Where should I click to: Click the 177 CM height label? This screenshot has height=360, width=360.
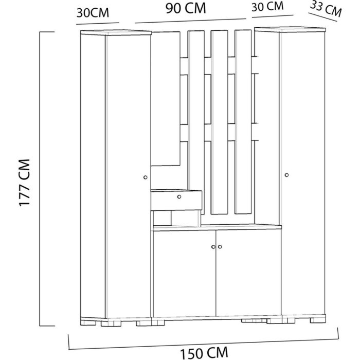click(x=24, y=183)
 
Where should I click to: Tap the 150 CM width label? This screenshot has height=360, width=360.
click(x=204, y=352)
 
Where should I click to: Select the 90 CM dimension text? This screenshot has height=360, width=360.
click(x=186, y=8)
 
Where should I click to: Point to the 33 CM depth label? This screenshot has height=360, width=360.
click(x=326, y=9)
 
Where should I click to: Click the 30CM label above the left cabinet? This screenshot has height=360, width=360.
click(x=93, y=13)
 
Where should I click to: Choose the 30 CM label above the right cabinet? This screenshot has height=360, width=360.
click(x=267, y=6)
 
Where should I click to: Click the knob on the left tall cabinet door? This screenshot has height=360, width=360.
click(x=145, y=177)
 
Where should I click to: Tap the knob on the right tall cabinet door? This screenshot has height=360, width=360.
click(x=286, y=175)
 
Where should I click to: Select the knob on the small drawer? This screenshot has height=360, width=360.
click(x=179, y=197)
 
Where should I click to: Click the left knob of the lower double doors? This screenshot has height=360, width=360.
click(x=213, y=247)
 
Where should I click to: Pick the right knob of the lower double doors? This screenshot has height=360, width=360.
click(x=220, y=247)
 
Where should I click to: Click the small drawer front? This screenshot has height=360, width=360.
click(x=176, y=200)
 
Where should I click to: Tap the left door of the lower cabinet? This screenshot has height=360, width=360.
click(x=184, y=274)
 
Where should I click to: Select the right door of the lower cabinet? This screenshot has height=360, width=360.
click(x=248, y=273)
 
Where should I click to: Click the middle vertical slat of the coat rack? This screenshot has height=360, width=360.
click(x=220, y=122)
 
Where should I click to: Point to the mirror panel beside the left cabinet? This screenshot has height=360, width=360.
click(x=166, y=99)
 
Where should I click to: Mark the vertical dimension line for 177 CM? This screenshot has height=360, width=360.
click(x=40, y=178)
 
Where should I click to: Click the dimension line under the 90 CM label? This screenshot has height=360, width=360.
click(x=191, y=21)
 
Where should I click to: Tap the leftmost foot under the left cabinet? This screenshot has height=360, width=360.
click(x=88, y=323)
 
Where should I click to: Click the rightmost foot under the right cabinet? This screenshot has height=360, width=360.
click(x=317, y=320)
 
